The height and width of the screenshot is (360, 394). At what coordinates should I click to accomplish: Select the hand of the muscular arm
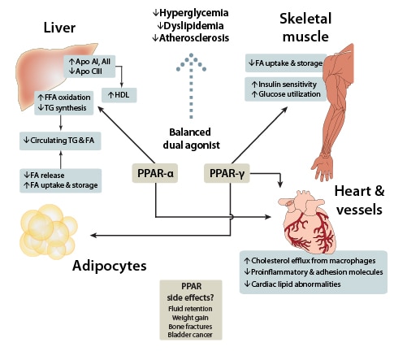(323, 167)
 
